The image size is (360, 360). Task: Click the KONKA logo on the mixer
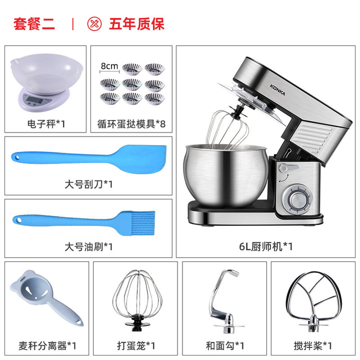pos(277,90)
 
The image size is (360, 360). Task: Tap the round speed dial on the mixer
pos(296,199)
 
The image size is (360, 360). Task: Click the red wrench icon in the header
pos(94,23)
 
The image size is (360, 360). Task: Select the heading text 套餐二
pos(34,24)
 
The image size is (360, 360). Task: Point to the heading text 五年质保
pos(137,24)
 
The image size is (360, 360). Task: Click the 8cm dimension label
pos(109,66)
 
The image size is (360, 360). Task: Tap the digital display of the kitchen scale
pos(34,100)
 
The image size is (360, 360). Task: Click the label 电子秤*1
pos(46,124)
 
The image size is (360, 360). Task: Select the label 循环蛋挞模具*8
pos(131,124)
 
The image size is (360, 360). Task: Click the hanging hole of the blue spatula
pos(16,157)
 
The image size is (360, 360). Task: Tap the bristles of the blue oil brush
pos(143,223)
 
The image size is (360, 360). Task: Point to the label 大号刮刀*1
pos(88,184)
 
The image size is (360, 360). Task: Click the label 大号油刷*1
pos(88,247)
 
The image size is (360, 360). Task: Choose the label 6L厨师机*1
pos(266,247)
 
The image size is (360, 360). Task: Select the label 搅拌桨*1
pos(313,345)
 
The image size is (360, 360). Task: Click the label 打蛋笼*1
pos(136,345)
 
